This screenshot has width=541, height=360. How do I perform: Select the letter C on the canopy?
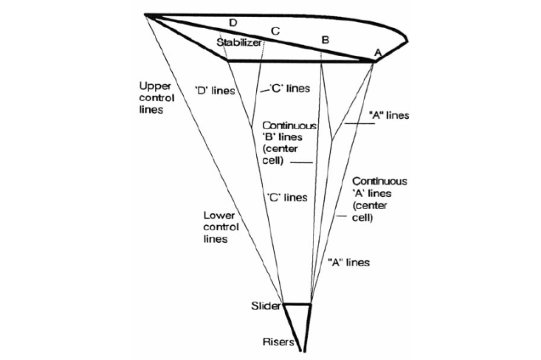point(275,31)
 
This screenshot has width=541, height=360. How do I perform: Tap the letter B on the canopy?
point(325,38)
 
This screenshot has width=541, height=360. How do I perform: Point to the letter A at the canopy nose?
point(377,52)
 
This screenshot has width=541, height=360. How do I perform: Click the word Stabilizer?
point(239,44)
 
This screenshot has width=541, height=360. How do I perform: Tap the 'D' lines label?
point(215,91)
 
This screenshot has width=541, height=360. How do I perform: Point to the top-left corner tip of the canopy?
point(146,14)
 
